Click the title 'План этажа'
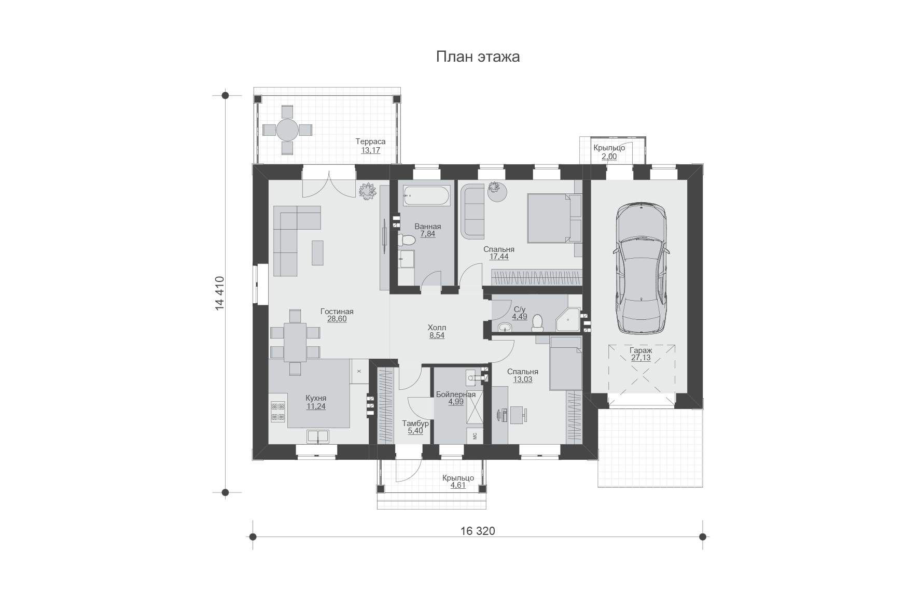pyautogui.click(x=478, y=57)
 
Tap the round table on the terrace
pyautogui.click(x=287, y=130)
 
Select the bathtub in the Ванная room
pyautogui.click(x=427, y=195)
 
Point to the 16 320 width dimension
pyautogui.click(x=478, y=531)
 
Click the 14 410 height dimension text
pyautogui.click(x=219, y=293)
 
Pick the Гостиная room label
pyautogui.click(x=337, y=312)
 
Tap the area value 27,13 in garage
pyautogui.click(x=641, y=358)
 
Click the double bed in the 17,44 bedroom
pyautogui.click(x=554, y=218)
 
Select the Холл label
pyautogui.click(x=437, y=328)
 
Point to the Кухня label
pyautogui.click(x=316, y=398)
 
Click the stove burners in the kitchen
pyautogui.click(x=278, y=412)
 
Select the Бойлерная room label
pyautogui.click(x=456, y=394)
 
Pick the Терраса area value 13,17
pyautogui.click(x=370, y=151)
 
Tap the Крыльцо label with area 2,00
pyautogui.click(x=609, y=148)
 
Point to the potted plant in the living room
pyautogui.click(x=367, y=190)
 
